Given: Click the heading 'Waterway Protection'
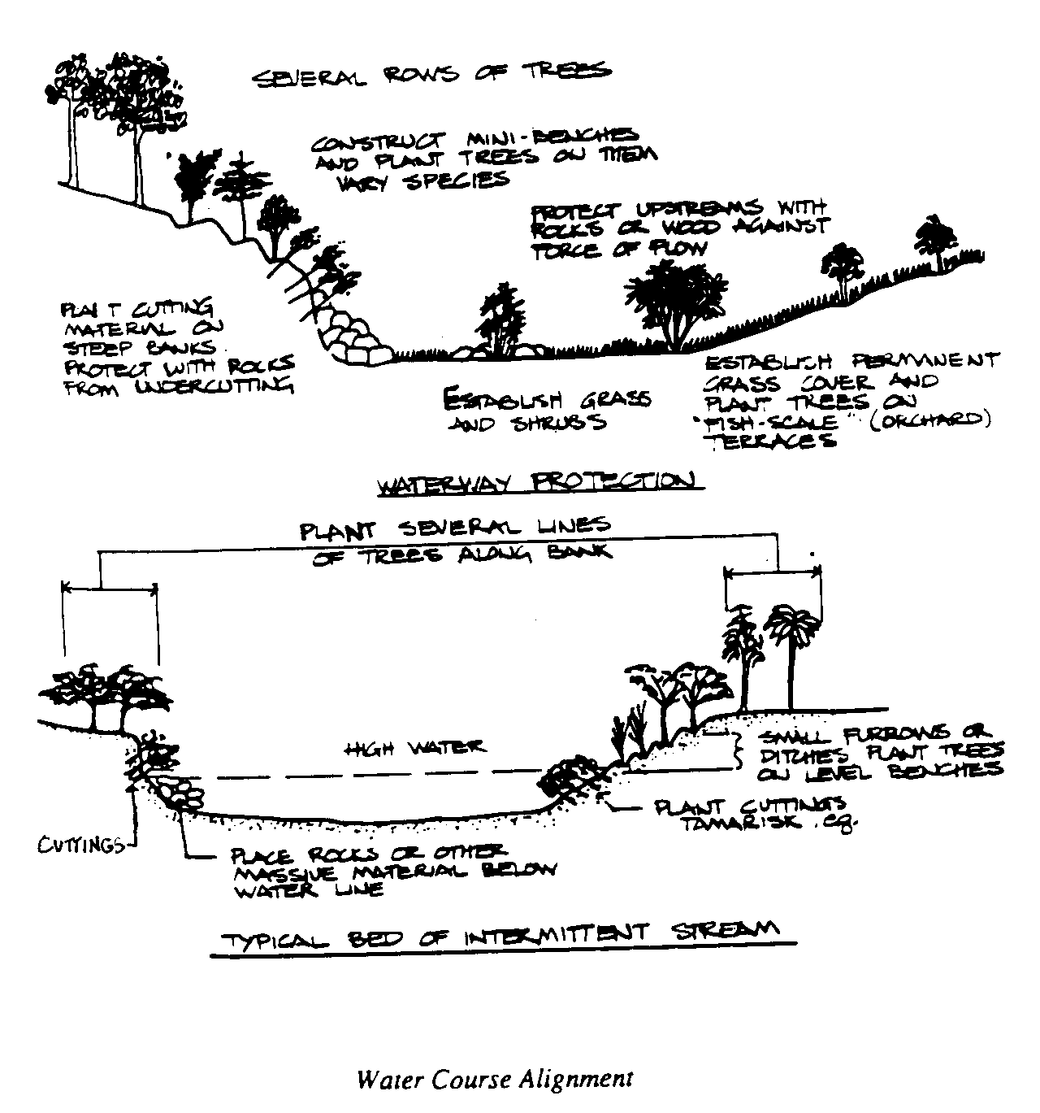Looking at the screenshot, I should click(537, 482).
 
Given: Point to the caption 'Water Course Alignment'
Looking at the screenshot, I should click(495, 1079).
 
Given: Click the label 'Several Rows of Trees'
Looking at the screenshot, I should click(431, 75).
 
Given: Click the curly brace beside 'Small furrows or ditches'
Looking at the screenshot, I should click(738, 751).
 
